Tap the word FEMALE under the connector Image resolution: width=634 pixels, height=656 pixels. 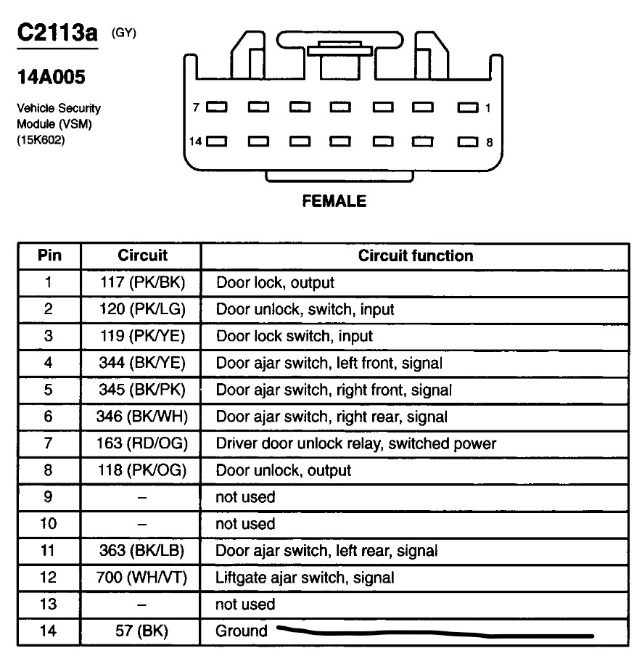(334, 201)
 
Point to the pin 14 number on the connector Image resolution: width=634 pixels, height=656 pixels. (195, 142)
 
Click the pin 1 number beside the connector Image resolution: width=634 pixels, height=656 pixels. (488, 108)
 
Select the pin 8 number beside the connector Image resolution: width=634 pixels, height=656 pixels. (489, 142)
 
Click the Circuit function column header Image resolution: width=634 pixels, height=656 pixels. (415, 255)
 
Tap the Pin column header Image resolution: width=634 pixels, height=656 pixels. (49, 255)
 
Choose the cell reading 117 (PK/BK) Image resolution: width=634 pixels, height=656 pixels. (142, 282)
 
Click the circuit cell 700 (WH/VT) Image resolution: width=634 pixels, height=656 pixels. (142, 578)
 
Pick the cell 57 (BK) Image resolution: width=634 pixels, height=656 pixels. (142, 631)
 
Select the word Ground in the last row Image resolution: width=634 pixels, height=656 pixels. (242, 631)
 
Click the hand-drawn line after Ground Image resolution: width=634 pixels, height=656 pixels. (435, 634)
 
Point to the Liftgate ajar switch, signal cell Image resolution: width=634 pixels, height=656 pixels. (305, 578)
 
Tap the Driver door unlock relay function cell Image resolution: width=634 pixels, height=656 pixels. (355, 443)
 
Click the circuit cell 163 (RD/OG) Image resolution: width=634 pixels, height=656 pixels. (142, 443)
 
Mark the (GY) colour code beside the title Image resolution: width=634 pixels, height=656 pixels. (123, 33)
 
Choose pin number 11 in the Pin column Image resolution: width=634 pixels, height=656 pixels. (49, 551)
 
